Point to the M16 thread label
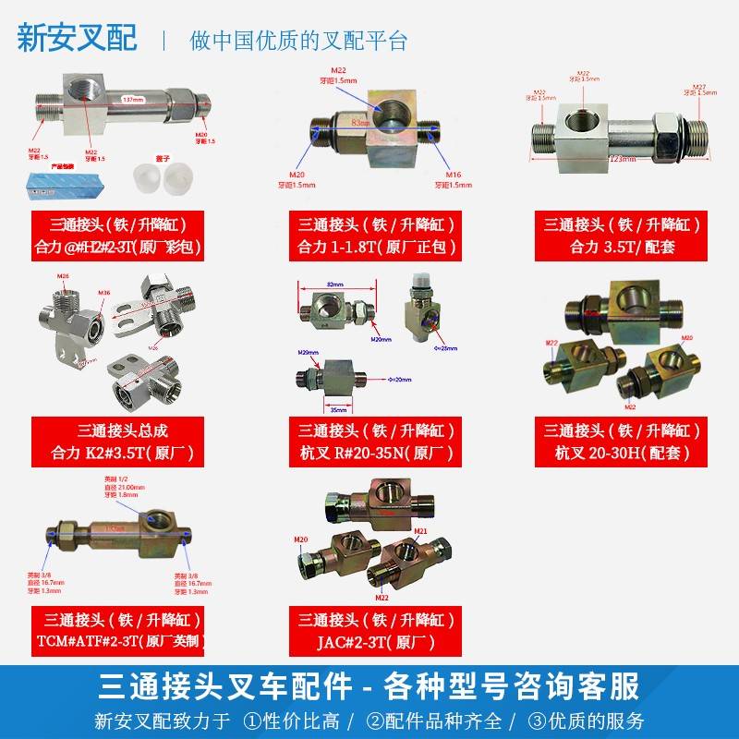click(450, 174)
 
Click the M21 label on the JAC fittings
click(420, 531)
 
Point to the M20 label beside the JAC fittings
click(301, 539)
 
